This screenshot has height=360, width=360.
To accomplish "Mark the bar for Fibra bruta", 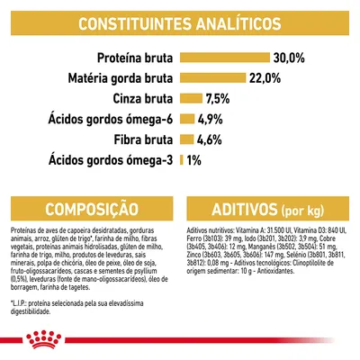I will point(187,139).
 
